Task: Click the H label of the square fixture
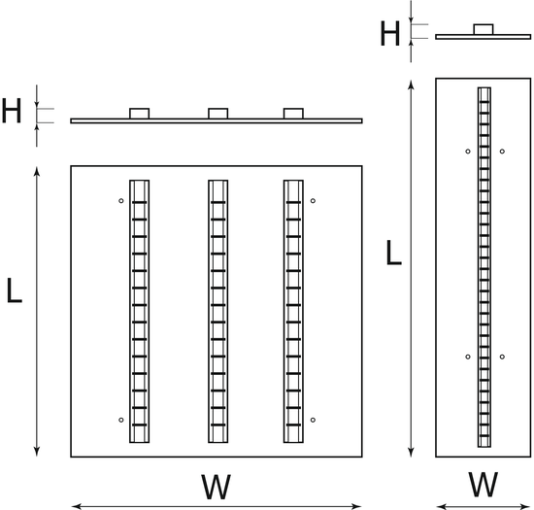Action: point(12,111)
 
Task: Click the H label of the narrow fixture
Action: point(389,33)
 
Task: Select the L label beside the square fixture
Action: point(15,290)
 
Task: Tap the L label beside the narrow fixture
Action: point(393,253)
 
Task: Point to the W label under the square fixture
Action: point(216,487)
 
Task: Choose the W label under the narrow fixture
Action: point(483,485)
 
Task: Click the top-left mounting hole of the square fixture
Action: point(121,201)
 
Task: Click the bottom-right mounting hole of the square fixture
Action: point(313,420)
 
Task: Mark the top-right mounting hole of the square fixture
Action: point(313,201)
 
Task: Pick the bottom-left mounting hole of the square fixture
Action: point(121,420)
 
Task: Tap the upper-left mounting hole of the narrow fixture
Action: point(468,152)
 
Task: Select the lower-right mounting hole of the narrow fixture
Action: point(502,357)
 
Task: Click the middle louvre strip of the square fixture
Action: point(217,312)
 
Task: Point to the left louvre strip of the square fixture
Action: point(139,312)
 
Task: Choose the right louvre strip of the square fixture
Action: point(293,312)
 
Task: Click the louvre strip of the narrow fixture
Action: point(484,267)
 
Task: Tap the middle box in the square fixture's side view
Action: point(217,114)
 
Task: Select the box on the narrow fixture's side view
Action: point(484,29)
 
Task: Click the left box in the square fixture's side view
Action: point(139,114)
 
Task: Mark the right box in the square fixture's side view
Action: point(293,114)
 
